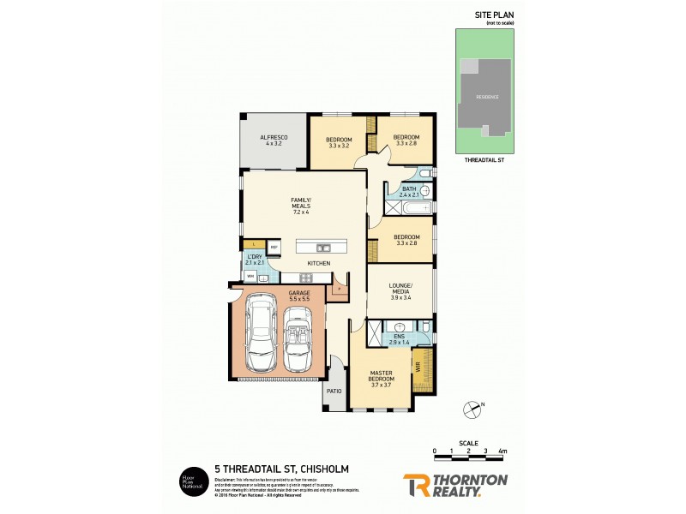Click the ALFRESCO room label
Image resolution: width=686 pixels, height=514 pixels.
pos(274,140)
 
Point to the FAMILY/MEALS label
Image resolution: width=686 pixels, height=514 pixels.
pos(300,203)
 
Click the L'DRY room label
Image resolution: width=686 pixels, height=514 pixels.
pos(254,260)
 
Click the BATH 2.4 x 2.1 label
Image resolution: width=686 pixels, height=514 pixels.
pos(408,192)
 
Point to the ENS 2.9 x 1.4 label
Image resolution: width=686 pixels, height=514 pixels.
pos(399,340)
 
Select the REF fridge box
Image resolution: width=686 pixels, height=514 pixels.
pos(274,248)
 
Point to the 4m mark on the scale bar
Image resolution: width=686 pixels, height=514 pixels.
pos(502,451)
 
